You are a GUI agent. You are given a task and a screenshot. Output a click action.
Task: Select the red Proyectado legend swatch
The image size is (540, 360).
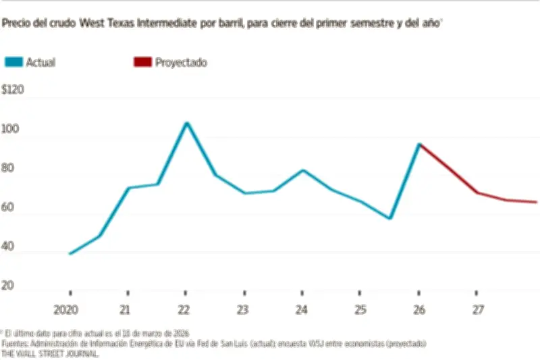tap(142, 62)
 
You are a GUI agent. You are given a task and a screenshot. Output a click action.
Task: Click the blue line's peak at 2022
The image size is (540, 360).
tap(186, 123)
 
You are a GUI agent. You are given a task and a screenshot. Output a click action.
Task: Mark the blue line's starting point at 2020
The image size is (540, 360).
tap(70, 254)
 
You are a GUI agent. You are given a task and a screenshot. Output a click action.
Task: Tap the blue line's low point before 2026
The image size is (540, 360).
tap(390, 218)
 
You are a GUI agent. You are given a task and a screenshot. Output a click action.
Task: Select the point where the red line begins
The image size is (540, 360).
tap(419, 145)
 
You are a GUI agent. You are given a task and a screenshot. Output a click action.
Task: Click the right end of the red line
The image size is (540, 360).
tap(537, 202)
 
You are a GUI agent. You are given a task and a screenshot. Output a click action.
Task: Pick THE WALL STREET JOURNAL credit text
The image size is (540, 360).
tap(50, 353)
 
